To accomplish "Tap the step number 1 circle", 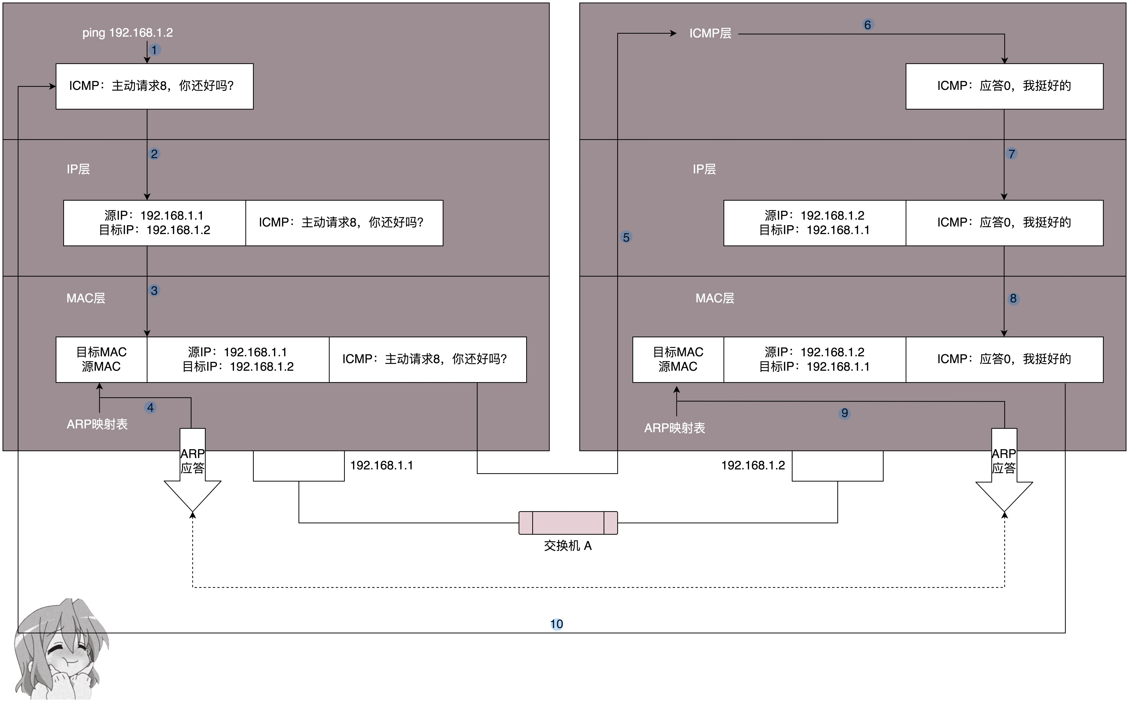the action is pos(154,50).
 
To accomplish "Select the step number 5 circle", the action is pos(627,237).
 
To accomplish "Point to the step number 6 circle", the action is pos(867,25).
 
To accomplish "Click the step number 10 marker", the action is pos(557,624).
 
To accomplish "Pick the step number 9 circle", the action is pos(845,413).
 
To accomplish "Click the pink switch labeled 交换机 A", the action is pos(568,523).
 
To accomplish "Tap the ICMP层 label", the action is pos(710,33).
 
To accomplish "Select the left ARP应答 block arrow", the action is pos(193,470).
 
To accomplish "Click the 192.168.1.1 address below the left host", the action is pos(382,465).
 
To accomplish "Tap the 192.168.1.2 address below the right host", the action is pos(753,465).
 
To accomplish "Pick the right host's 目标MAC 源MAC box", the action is pos(678,360).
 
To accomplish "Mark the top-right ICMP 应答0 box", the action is pos(1005,86).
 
